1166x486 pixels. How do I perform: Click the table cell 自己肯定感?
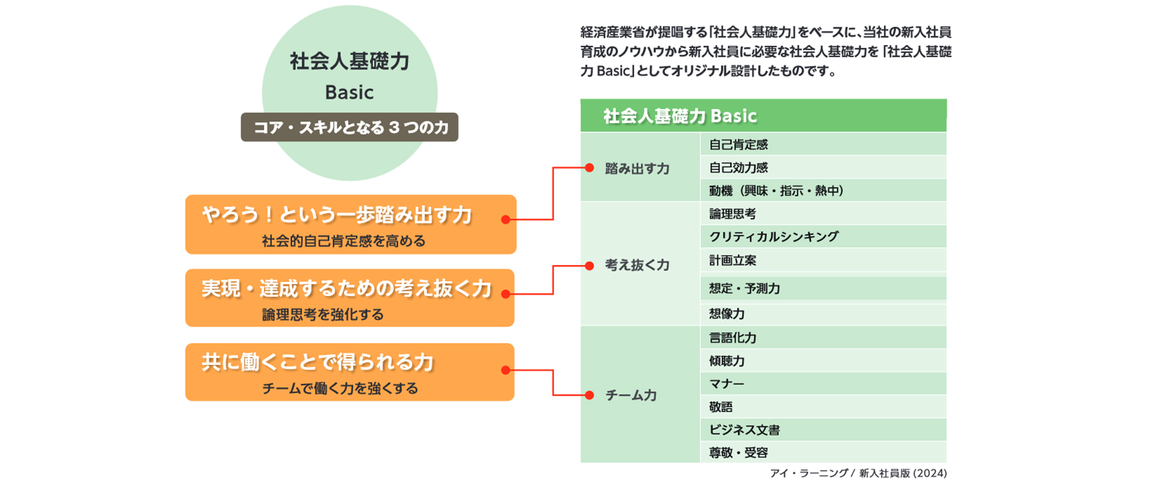[823, 144]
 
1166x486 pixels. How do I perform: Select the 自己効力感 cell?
[823, 167]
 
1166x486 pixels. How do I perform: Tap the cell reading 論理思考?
[823, 213]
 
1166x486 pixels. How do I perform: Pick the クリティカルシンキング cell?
[823, 236]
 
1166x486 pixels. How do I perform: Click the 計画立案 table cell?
[823, 260]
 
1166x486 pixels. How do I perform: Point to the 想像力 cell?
[823, 314]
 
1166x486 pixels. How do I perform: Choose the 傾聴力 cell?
[823, 360]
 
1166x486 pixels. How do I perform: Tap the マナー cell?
[823, 384]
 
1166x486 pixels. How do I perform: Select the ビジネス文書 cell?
[823, 429]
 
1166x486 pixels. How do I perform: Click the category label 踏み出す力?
[637, 168]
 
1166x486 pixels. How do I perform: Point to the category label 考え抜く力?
[637, 265]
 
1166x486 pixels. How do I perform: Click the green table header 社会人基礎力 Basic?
[763, 115]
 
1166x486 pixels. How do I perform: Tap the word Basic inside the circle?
[349, 93]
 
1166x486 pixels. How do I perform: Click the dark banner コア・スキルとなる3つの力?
[349, 127]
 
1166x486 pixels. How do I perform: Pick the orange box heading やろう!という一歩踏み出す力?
[337, 214]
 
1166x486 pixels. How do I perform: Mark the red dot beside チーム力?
[589, 395]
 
